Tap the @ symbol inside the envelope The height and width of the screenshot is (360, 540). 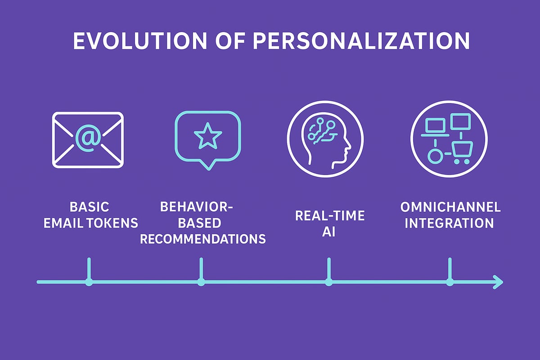tap(89, 138)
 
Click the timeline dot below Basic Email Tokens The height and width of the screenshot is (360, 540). tap(89, 282)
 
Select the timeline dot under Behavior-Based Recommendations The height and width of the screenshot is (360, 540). tap(201, 282)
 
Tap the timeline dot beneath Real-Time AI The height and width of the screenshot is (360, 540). tap(329, 282)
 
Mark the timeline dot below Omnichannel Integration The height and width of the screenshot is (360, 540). tap(450, 282)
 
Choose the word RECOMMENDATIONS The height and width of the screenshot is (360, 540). tap(202, 238)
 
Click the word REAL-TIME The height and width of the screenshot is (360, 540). tap(330, 215)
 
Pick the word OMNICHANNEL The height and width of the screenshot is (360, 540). tap(450, 207)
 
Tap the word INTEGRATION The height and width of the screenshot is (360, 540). tap(449, 223)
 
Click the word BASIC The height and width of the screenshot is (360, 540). tap(90, 207)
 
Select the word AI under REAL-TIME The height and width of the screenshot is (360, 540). tap(329, 231)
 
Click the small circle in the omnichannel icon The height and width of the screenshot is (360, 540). tap(434, 157)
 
